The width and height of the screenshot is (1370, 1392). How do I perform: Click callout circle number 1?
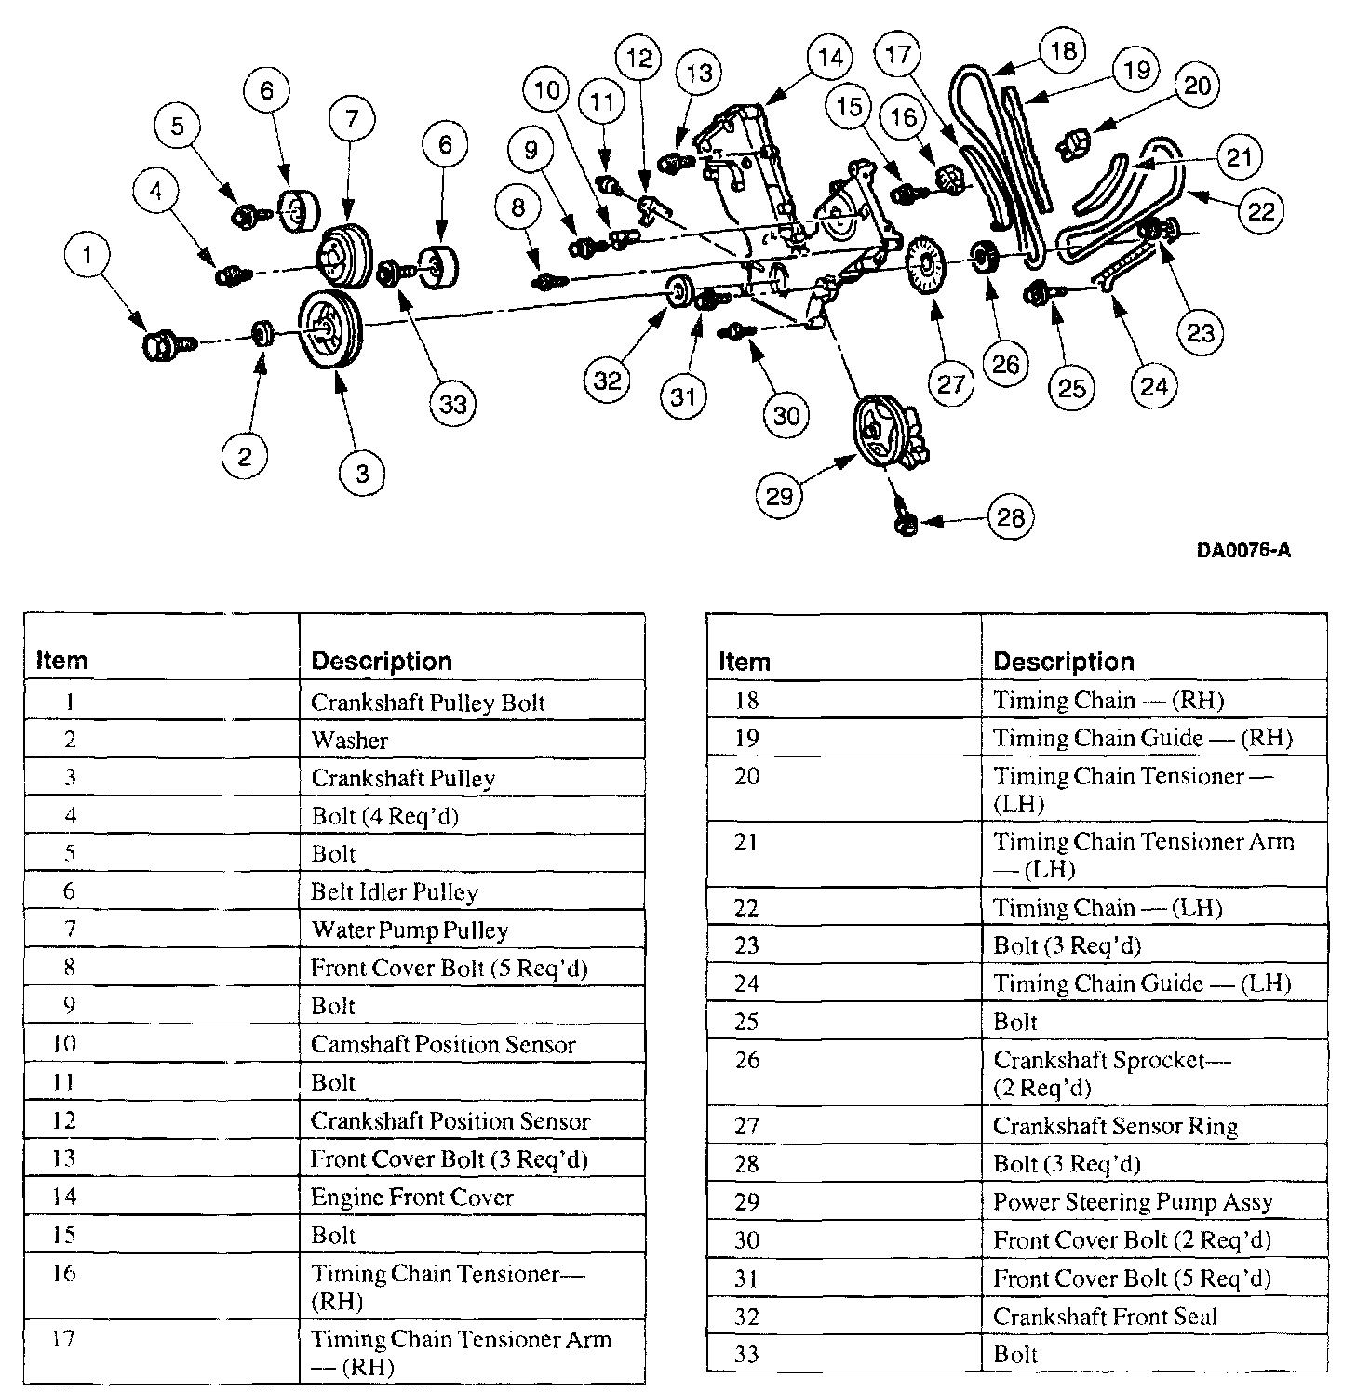click(88, 255)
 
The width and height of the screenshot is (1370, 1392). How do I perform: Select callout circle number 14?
click(829, 58)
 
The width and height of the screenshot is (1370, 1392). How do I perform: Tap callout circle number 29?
click(779, 494)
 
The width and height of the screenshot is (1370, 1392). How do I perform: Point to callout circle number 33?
click(453, 403)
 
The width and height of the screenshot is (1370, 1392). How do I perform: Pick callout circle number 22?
click(1260, 211)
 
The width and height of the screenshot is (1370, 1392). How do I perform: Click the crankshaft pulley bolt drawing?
click(164, 346)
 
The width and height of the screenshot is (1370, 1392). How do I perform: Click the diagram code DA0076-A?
click(1243, 550)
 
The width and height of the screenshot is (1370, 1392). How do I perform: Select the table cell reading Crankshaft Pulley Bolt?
click(428, 703)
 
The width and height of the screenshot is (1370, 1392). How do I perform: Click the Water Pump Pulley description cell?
click(410, 930)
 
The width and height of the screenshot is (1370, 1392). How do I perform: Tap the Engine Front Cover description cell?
click(412, 1197)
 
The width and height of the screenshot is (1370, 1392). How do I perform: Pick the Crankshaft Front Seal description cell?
click(1105, 1317)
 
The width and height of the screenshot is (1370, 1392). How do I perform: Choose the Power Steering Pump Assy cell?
click(1133, 1202)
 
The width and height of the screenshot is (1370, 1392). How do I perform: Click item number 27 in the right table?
click(747, 1126)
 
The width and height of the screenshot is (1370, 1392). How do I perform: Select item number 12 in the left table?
click(64, 1120)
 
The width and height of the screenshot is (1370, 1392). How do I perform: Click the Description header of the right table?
click(1064, 662)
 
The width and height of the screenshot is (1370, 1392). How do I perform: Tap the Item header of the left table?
click(61, 661)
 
